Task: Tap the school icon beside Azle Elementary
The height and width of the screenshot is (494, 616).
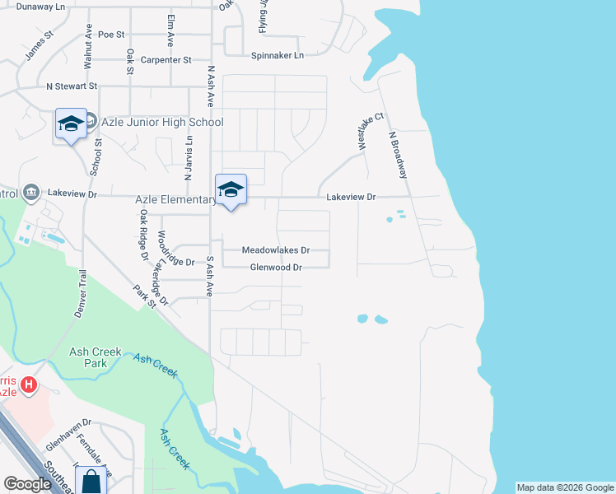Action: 231,189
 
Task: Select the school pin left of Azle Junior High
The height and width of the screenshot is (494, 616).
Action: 71,124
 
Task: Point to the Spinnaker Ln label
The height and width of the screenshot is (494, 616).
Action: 278,55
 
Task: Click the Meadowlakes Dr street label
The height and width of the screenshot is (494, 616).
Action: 275,250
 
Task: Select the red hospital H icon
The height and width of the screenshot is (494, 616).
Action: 29,384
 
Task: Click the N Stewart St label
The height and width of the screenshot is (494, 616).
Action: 72,86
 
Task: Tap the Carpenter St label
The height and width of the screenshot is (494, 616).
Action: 166,60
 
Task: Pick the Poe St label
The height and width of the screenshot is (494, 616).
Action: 110,35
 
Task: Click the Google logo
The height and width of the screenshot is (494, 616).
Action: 27,485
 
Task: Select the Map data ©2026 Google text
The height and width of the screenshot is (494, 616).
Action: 565,487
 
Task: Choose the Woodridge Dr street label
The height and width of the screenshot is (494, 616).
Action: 178,262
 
